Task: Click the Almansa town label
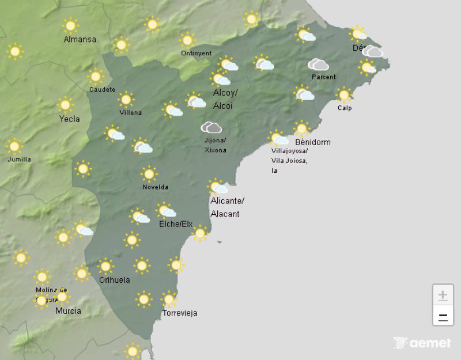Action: click(x=80, y=40)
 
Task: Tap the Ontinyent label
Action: click(x=196, y=53)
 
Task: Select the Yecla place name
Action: click(x=70, y=119)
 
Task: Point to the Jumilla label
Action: click(x=19, y=159)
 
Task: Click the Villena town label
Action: click(x=130, y=112)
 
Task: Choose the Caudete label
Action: click(x=102, y=89)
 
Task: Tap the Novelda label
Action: click(x=156, y=187)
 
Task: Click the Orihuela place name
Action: click(x=114, y=280)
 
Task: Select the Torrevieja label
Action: click(x=180, y=313)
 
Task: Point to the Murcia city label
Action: click(x=68, y=311)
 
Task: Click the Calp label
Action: click(x=345, y=108)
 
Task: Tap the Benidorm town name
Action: click(x=313, y=142)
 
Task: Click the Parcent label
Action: click(x=323, y=77)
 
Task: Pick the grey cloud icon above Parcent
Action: click(x=318, y=64)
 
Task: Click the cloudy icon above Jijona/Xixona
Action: click(x=211, y=127)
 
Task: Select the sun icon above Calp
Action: click(x=345, y=94)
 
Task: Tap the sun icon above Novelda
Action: click(x=149, y=173)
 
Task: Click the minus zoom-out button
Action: click(x=443, y=316)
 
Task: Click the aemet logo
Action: click(x=422, y=343)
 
